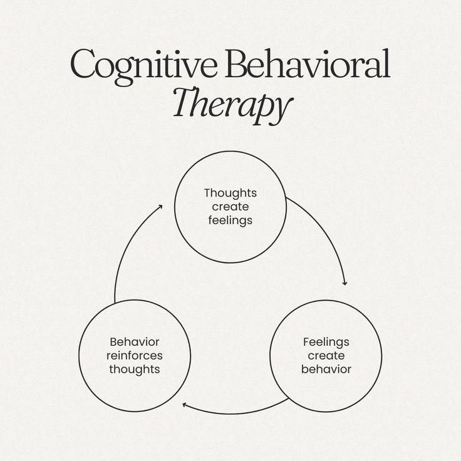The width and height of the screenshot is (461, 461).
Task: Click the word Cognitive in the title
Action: pos(145,65)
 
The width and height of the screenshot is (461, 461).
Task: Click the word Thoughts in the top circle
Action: pos(230,193)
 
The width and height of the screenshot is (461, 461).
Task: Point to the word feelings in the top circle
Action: pos(230,220)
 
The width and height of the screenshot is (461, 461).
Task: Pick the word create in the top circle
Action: pos(230,207)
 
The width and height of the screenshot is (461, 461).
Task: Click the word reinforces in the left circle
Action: pos(134,356)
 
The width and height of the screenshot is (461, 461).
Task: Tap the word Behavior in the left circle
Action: pos(134,342)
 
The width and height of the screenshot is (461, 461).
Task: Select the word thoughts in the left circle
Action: pos(134,370)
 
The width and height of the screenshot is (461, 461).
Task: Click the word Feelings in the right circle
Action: pos(326,342)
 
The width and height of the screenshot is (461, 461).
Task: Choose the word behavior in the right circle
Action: pos(326,370)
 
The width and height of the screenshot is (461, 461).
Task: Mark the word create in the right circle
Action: pos(326,356)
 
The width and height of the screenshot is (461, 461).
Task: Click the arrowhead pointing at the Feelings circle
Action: pos(344,283)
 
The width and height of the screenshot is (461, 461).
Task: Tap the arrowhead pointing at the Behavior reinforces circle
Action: pos(185,405)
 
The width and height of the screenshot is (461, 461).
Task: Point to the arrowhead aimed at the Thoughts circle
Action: pos(160,207)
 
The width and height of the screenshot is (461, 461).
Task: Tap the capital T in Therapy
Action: pos(184,103)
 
